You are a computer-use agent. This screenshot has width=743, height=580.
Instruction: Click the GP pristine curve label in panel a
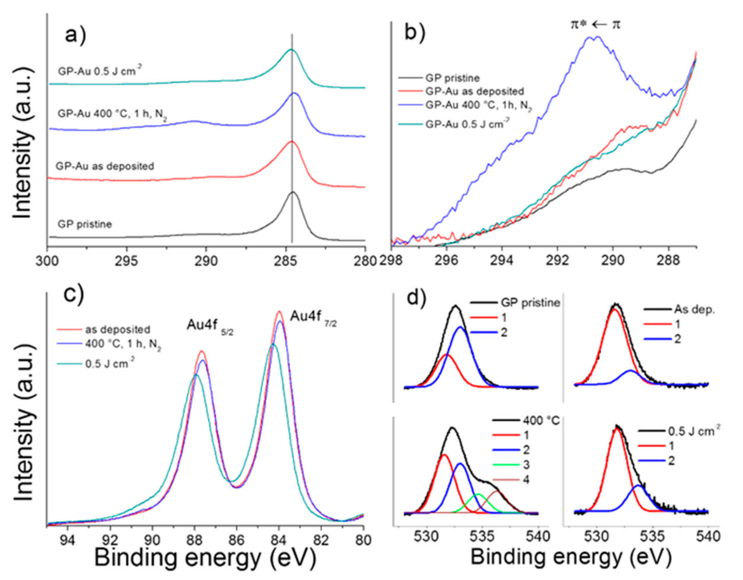tap(85, 225)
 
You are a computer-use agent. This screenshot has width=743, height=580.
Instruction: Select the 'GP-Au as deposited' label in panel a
tap(105, 166)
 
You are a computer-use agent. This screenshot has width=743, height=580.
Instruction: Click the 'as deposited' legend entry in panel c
tap(118, 330)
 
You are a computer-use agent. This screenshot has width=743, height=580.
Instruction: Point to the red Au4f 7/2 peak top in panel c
tap(279, 312)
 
